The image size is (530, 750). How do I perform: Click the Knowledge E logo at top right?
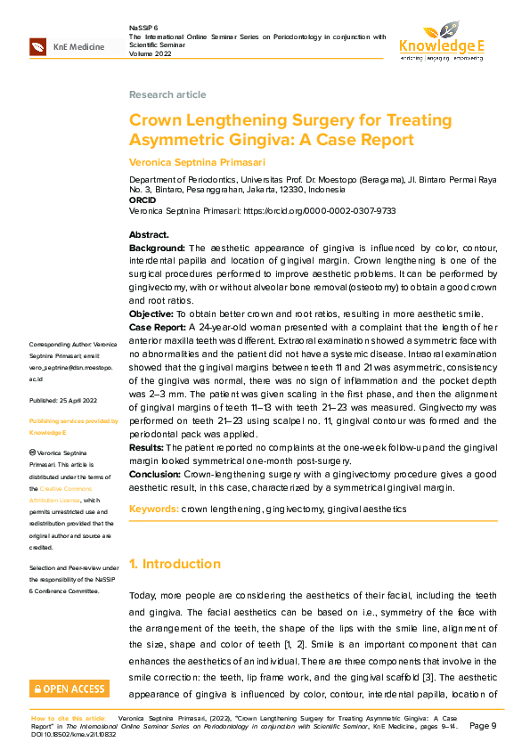[x=441, y=41]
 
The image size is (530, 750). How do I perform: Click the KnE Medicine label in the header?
[x=78, y=47]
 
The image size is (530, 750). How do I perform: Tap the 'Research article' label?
[x=167, y=94]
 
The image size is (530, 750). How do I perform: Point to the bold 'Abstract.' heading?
[x=149, y=234]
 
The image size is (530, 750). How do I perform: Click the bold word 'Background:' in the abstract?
[x=158, y=248]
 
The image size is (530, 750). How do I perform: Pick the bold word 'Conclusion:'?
[x=156, y=474]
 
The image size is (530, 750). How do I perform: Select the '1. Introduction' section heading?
[x=175, y=564]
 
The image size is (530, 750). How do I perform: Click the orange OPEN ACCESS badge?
[x=69, y=689]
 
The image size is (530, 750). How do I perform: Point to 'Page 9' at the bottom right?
[x=483, y=726]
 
